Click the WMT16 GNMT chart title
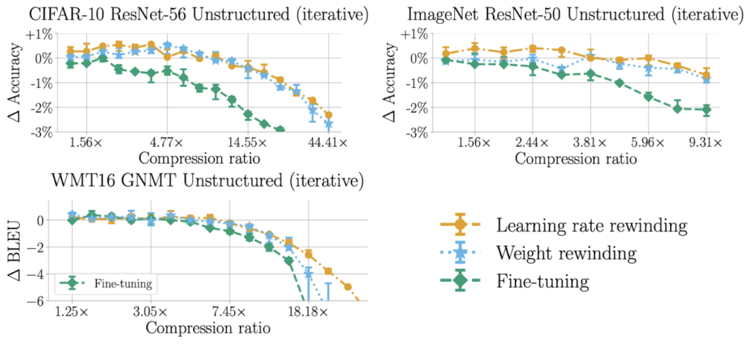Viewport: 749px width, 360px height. tap(189, 181)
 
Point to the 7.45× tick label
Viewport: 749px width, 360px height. tap(229, 311)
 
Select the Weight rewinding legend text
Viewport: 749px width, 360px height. tap(576, 252)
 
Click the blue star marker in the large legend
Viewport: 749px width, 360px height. tap(460, 252)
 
